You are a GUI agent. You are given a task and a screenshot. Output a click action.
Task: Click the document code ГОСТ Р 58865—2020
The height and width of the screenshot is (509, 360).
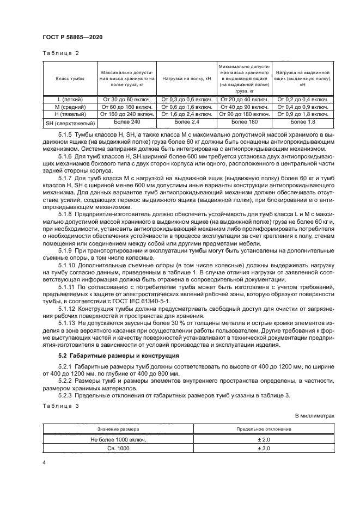tap(72, 36)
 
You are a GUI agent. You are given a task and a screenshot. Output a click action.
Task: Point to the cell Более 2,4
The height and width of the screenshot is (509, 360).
tap(186, 123)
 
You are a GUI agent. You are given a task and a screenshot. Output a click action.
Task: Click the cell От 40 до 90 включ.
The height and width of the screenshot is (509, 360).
tap(243, 107)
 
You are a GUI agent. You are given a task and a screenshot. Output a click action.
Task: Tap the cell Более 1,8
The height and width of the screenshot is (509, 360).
tap(302, 123)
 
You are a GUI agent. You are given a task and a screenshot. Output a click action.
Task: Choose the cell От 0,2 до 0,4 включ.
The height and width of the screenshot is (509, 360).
tap(302, 100)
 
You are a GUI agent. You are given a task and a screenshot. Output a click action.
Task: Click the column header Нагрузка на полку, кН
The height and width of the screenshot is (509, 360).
tap(186, 79)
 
